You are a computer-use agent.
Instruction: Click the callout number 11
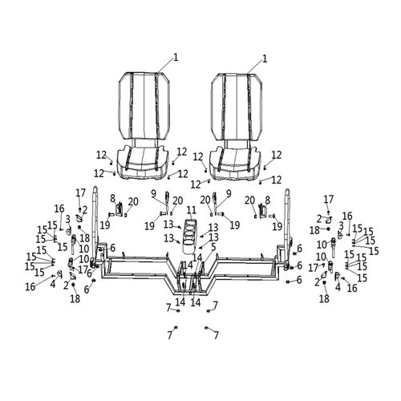192,210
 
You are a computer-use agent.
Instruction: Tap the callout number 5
213,247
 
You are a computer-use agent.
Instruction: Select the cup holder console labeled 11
189,236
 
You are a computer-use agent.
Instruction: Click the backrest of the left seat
144,106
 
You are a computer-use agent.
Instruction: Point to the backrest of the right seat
237,107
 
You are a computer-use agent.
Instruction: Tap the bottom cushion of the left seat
144,162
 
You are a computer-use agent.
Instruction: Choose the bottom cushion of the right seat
236,163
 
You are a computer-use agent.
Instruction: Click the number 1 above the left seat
176,58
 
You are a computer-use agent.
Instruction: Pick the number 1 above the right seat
265,59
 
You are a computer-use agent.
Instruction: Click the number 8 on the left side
113,198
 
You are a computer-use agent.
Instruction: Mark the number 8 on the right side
267,200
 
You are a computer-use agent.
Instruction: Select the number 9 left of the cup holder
153,193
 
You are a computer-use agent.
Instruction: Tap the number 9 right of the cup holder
229,193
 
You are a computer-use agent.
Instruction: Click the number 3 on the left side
68,219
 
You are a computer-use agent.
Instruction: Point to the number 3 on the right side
341,225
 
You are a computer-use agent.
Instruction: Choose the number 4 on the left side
53,284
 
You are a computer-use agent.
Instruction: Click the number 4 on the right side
338,287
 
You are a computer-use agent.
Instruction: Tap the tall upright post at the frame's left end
95,227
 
